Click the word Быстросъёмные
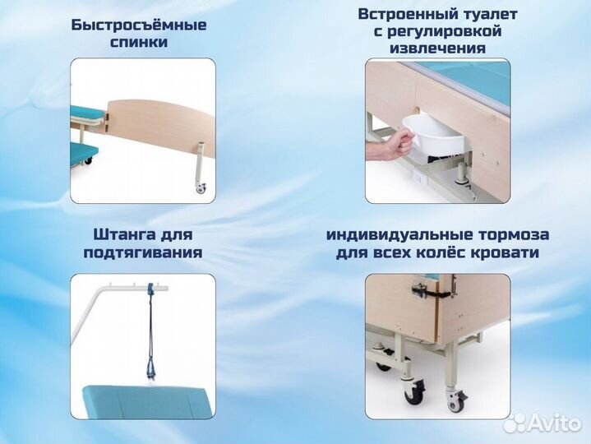point(139,25)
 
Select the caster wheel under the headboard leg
point(200,189)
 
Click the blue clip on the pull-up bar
point(150,289)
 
